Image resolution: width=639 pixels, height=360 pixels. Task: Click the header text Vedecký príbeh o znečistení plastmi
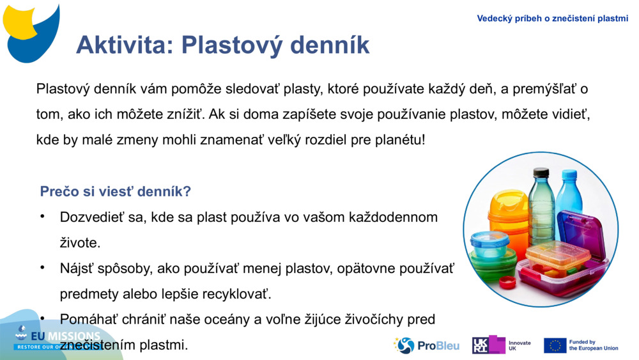click(552, 19)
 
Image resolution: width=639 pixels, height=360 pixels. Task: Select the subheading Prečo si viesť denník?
click(115, 191)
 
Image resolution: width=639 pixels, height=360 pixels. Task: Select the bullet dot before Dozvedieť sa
click(43, 216)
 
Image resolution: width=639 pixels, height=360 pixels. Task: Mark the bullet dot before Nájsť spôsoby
click(43, 268)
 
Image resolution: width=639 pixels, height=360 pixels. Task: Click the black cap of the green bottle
click(541, 172)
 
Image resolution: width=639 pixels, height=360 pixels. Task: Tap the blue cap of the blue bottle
click(568, 174)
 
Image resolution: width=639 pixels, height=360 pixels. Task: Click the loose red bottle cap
click(507, 282)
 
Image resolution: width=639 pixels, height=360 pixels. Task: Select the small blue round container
click(489, 242)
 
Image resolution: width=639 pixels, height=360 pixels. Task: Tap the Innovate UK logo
click(502, 345)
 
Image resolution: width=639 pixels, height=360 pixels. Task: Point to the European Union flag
click(555, 345)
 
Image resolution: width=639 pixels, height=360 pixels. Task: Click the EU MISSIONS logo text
click(58, 338)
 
